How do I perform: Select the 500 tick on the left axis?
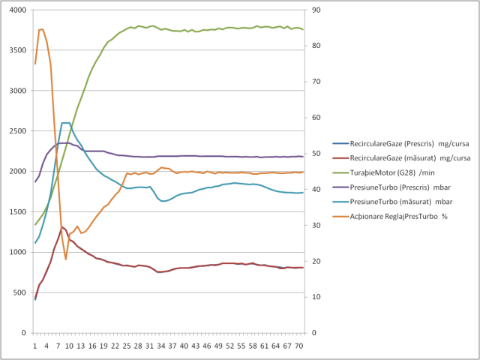(19, 292)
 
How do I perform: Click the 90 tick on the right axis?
(317, 10)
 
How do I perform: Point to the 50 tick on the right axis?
(317, 154)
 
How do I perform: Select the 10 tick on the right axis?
(317, 297)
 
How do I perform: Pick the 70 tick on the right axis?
(317, 82)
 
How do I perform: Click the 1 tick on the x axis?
(34, 346)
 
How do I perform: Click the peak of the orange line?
(40, 29)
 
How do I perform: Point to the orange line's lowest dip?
(66, 259)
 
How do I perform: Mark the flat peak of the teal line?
(66, 123)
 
